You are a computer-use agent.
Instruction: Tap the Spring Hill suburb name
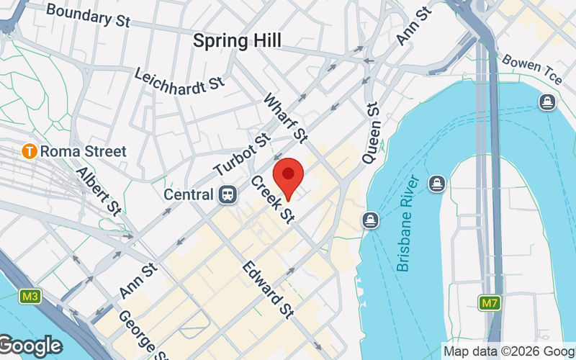(x=237, y=41)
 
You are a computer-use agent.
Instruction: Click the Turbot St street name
(x=242, y=155)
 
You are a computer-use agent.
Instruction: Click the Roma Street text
(x=83, y=151)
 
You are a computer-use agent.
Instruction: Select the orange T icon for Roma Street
(x=30, y=151)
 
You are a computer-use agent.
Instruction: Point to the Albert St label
(x=98, y=191)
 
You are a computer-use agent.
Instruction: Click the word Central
(x=189, y=194)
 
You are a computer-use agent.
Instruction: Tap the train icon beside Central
(x=228, y=194)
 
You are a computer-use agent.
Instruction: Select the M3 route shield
(x=30, y=296)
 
